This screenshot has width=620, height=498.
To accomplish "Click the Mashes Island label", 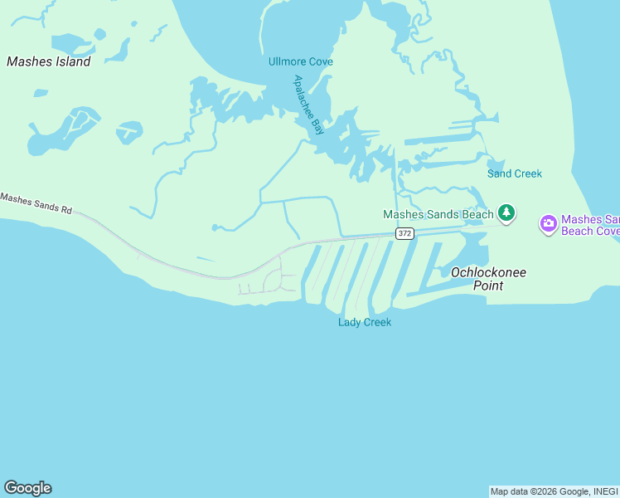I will [x=49, y=61].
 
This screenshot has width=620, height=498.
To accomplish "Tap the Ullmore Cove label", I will [x=300, y=61].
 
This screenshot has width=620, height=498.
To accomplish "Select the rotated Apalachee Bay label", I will [x=308, y=105].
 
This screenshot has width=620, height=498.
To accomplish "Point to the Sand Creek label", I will [x=514, y=173].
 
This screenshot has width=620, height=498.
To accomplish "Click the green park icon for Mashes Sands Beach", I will [x=506, y=214].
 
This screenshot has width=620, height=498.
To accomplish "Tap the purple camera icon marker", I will [x=548, y=224].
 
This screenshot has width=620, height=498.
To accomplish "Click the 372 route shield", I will [x=404, y=234].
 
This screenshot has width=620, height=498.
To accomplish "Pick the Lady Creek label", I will [x=364, y=322].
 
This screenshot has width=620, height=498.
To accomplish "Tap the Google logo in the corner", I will [x=27, y=488].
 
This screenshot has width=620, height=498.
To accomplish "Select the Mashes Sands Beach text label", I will [x=438, y=214].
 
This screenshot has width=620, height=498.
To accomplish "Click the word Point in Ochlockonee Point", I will [x=487, y=286].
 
